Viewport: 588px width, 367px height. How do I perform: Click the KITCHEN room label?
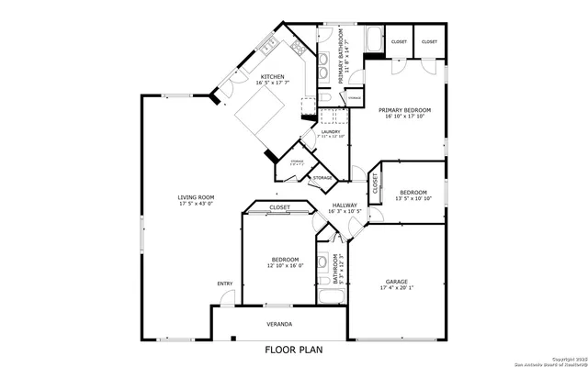272,77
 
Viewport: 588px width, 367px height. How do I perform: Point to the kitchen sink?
267,43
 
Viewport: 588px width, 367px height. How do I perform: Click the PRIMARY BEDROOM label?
405,110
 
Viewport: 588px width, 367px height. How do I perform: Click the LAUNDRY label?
332,132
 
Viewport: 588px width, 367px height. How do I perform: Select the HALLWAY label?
344,206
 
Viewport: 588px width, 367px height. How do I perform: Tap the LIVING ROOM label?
196,197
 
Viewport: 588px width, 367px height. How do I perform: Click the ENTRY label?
224,284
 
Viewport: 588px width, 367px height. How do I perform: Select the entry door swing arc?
227,297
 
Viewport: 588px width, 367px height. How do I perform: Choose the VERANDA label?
279,324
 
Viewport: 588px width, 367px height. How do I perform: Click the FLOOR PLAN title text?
294,350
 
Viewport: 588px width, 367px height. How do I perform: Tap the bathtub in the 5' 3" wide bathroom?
331,296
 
